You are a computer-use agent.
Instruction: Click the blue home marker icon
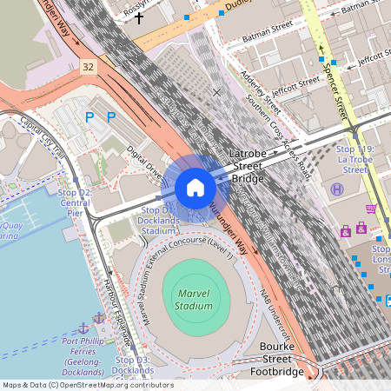195,188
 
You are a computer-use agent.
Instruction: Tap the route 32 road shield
87,66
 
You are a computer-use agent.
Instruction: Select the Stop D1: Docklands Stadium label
157,221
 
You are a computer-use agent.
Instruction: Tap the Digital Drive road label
145,163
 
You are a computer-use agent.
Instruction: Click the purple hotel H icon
336,189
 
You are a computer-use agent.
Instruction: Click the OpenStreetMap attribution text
87,384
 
